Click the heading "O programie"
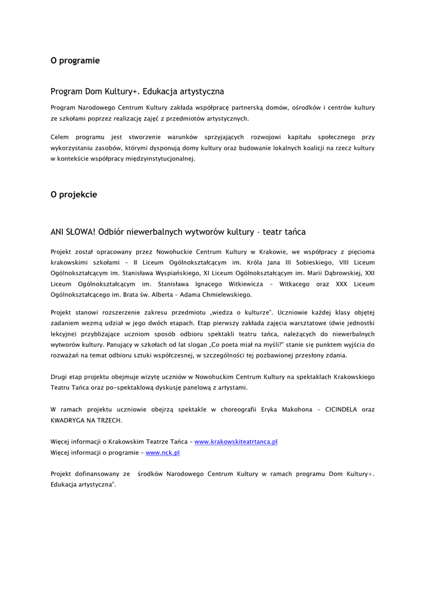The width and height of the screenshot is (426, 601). tap(75, 60)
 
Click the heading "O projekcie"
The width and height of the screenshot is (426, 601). tap(73, 194)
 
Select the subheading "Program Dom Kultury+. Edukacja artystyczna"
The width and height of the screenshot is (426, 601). tap(137, 92)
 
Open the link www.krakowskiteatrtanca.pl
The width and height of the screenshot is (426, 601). tap(236, 441)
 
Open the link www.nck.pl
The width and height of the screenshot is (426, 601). tap(163, 453)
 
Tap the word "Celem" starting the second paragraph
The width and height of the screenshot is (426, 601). tap(60, 137)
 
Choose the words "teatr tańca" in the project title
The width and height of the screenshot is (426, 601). tap(284, 232)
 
